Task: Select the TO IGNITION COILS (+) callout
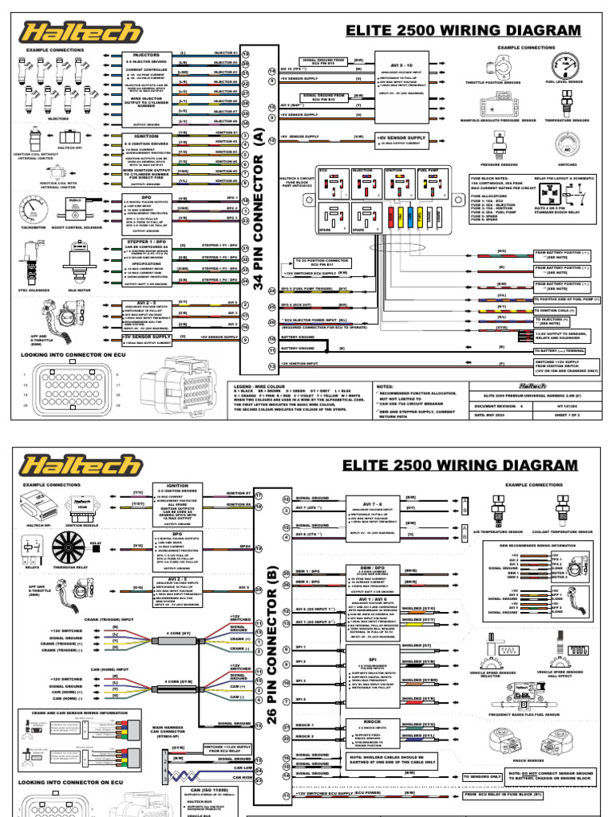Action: pyautogui.click(x=557, y=310)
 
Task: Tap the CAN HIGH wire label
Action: pyautogui.click(x=239, y=773)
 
